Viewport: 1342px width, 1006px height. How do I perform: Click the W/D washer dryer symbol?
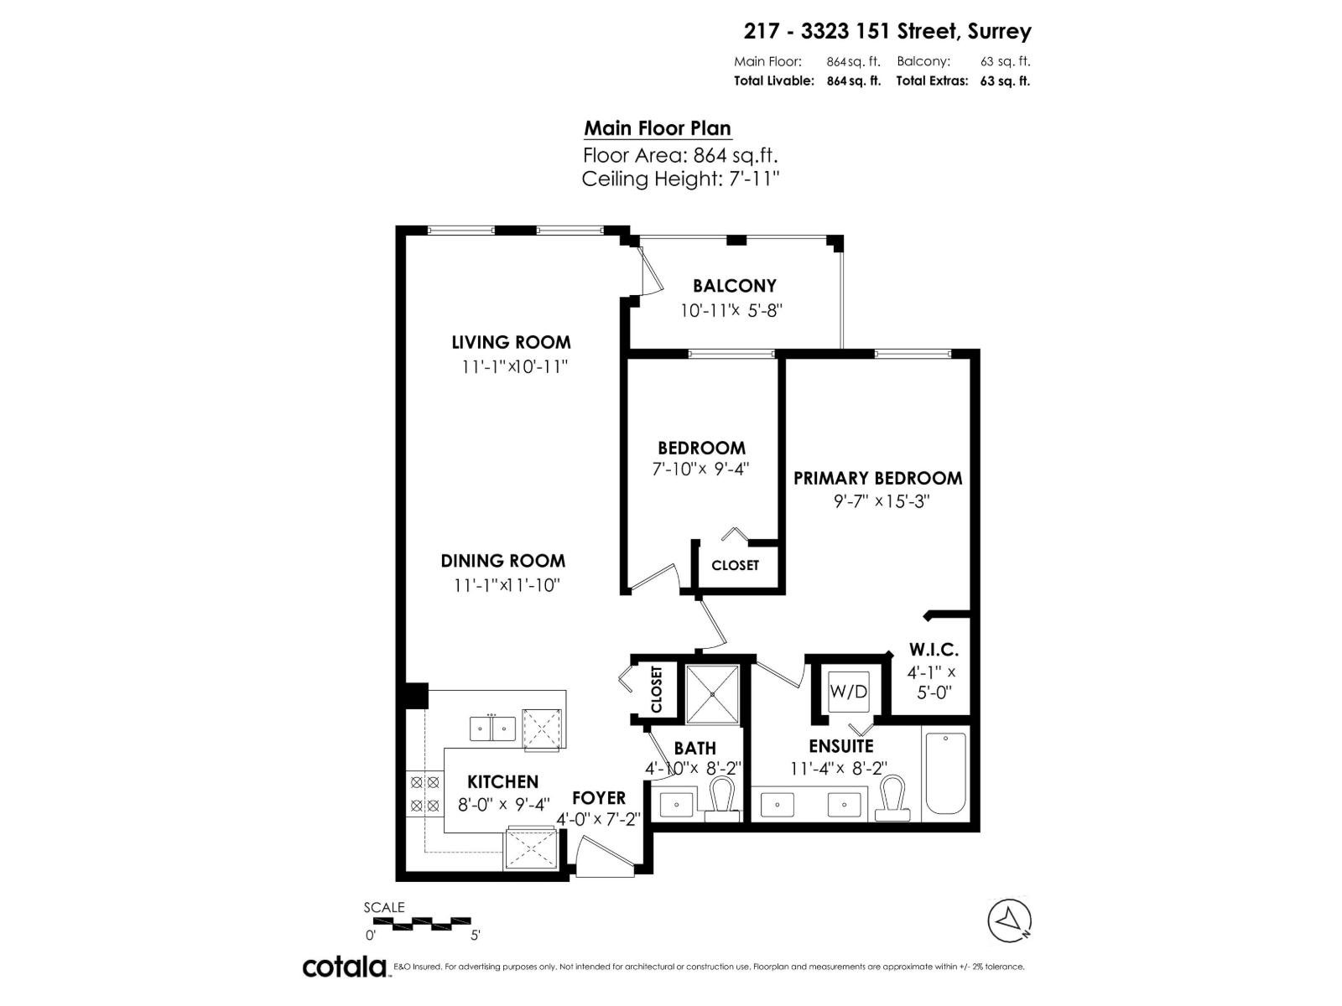pos(848,692)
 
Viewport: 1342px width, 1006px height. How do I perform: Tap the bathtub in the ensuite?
pos(944,772)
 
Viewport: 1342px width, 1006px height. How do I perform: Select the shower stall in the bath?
pos(713,694)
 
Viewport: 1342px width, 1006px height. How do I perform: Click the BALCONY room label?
pos(734,286)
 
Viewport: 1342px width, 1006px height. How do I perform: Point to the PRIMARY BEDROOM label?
pos(877,478)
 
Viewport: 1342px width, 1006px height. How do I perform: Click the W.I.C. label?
pos(933,650)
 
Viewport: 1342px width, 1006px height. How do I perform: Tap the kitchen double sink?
pos(492,729)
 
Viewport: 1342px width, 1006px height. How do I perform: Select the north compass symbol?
pos(1010,920)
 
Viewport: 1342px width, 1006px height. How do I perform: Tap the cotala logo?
pos(344,967)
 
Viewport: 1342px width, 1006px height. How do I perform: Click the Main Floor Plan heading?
pos(658,128)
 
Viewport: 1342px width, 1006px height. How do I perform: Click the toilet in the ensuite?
pos(892,798)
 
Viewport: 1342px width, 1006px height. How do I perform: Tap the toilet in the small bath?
pos(721,798)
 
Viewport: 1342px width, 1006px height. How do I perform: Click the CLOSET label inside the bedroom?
pos(735,565)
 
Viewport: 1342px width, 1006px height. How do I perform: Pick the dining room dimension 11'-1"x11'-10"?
pos(506,585)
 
